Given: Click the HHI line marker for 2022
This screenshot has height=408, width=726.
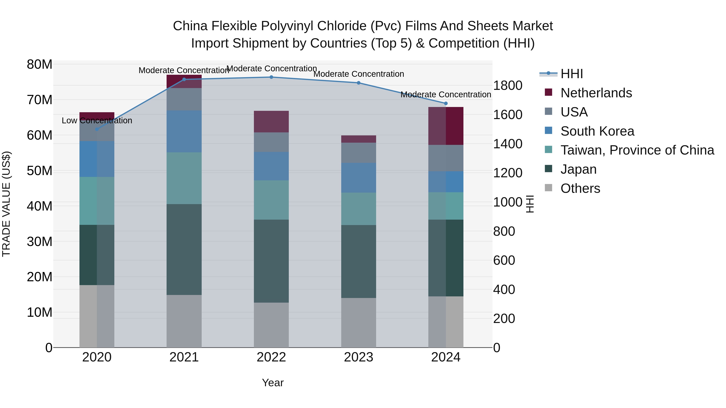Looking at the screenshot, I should (x=271, y=77).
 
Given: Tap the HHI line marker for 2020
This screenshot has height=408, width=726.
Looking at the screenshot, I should (x=97, y=129).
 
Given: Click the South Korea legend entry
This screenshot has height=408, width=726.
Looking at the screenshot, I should (x=597, y=131).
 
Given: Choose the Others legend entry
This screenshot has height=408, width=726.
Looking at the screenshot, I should (x=580, y=188).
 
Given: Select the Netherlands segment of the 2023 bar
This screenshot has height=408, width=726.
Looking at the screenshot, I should (x=359, y=139).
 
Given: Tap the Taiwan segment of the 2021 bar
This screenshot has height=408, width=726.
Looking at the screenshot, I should (x=184, y=178).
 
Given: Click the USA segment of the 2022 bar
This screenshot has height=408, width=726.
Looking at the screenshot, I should (x=271, y=142).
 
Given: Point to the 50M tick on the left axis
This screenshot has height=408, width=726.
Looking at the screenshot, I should (x=40, y=171).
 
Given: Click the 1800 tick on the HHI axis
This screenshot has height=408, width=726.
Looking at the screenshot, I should (x=508, y=86).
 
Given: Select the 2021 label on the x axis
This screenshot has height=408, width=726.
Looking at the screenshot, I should (x=184, y=357).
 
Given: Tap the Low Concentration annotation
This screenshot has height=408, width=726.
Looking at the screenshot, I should (x=97, y=120).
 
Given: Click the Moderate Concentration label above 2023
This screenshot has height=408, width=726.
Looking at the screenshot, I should (x=359, y=74).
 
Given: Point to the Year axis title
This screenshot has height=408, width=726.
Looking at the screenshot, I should (x=272, y=383).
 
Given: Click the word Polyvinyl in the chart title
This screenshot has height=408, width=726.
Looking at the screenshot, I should (x=287, y=26).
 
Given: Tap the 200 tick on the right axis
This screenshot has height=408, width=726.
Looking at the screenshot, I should (x=504, y=319).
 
